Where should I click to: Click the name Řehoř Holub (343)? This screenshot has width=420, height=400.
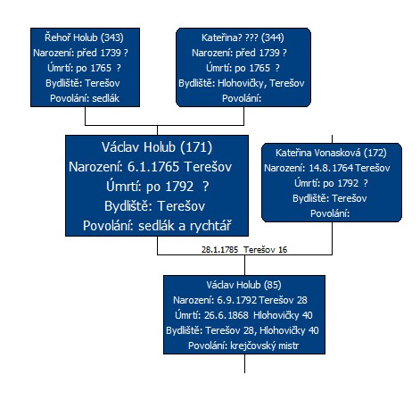pos(84,37)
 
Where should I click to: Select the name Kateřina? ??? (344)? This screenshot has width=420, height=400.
pos(243,37)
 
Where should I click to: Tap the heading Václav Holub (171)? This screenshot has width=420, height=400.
pos(157,147)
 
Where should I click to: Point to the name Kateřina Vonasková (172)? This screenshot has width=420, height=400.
pos(331,153)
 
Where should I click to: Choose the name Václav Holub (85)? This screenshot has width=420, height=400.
pos(244,285)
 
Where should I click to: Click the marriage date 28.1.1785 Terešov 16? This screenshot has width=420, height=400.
pos(244,250)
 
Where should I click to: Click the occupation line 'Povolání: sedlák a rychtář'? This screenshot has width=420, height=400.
pos(157,226)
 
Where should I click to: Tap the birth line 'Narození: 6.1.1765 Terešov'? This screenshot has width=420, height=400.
pos(150,167)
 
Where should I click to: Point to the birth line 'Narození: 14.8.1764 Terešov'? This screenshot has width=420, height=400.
pos(327,168)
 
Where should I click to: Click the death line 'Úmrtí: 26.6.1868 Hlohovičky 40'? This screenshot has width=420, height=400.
pos(243,315)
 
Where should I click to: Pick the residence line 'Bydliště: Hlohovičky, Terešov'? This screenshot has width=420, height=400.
pos(242,83)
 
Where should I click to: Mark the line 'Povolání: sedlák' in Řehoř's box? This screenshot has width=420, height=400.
pos(85,98)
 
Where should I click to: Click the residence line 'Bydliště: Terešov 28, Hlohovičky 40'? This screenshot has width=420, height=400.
pos(243,330)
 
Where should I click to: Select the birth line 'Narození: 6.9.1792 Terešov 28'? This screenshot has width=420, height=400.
pos(240,300)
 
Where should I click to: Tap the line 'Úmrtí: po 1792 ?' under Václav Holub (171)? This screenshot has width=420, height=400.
pos(158,187)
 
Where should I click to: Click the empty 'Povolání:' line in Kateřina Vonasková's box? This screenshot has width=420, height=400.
pos(330,213)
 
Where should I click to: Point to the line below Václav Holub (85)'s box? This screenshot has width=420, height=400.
pos(244,363)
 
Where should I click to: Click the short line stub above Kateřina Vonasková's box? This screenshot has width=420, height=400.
pos(332,139)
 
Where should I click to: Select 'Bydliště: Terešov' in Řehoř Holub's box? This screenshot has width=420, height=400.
pos(83,83)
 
